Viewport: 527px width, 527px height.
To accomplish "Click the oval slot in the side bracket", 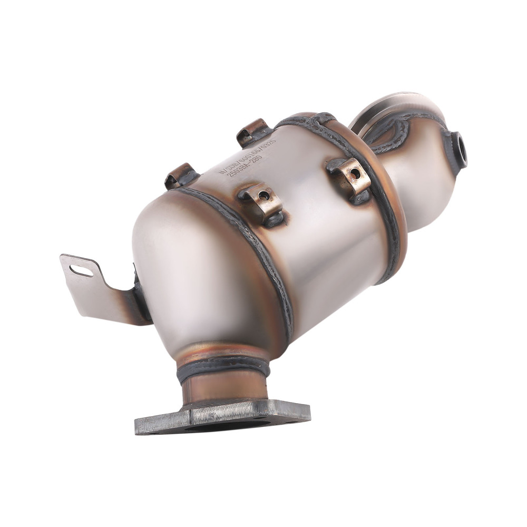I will (x=81, y=271).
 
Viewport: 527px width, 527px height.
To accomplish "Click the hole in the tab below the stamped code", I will (x=263, y=196).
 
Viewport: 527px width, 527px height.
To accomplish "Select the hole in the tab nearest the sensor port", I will (x=354, y=174).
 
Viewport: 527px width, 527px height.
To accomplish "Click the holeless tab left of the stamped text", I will (x=181, y=175).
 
